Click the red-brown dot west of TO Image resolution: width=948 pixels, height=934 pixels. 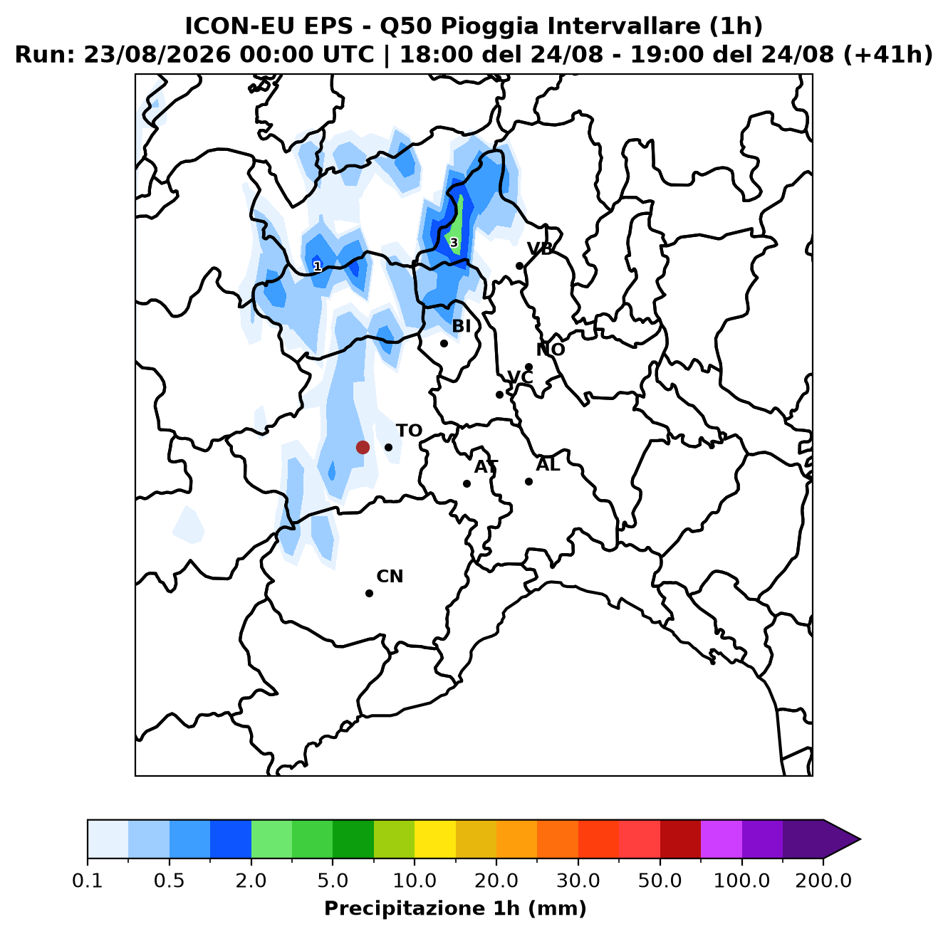click(x=363, y=447)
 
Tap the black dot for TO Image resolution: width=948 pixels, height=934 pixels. click(x=388, y=447)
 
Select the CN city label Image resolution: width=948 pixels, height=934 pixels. click(x=390, y=576)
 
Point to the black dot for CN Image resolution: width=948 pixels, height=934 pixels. click(x=369, y=593)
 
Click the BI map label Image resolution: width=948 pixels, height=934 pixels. click(x=461, y=326)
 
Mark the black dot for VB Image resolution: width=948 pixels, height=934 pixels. click(x=519, y=266)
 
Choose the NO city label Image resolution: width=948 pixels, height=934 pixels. click(x=551, y=350)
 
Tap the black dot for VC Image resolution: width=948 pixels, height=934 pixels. click(x=499, y=394)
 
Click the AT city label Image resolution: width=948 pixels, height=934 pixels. click(x=486, y=467)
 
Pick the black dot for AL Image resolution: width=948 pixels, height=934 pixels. click(x=528, y=481)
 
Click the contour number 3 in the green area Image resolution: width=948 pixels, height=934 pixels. click(x=454, y=243)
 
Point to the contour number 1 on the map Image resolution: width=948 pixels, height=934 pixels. click(x=318, y=266)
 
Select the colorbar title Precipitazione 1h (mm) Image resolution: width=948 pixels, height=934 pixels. click(x=455, y=908)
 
